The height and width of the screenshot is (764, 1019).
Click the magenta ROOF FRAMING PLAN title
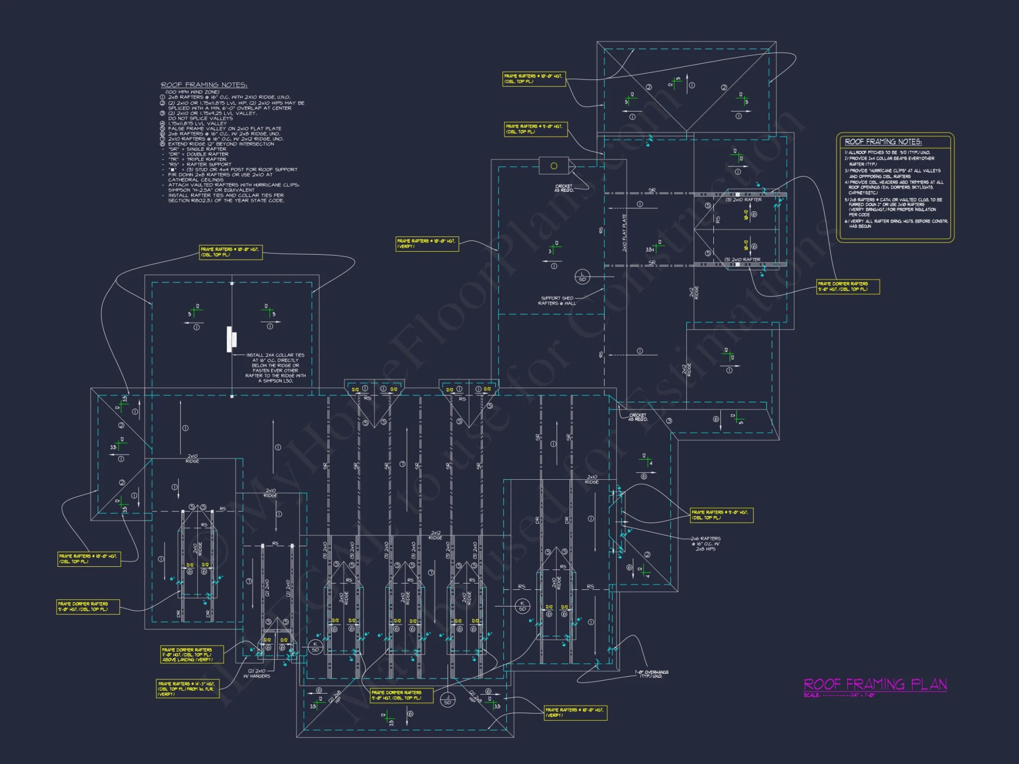tap(875, 684)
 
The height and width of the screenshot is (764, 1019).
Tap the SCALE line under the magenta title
tap(839, 695)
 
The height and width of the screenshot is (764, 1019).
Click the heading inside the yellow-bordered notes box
tap(883, 142)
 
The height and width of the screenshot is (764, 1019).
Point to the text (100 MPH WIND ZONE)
tap(192, 92)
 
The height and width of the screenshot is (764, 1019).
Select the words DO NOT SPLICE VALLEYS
tap(200, 118)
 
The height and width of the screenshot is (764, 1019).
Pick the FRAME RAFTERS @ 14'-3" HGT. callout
tap(187, 689)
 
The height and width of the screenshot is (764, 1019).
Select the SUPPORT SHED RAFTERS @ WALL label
tap(557, 301)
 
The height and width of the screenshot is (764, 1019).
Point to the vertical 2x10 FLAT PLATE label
tap(624, 233)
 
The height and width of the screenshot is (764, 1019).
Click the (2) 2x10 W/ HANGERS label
tap(257, 673)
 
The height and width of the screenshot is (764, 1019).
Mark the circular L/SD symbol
tap(582, 277)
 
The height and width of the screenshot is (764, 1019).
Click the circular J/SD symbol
tap(448, 700)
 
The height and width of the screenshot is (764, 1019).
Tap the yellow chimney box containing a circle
tap(554, 166)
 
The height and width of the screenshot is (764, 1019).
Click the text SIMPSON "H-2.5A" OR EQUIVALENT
tap(211, 190)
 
